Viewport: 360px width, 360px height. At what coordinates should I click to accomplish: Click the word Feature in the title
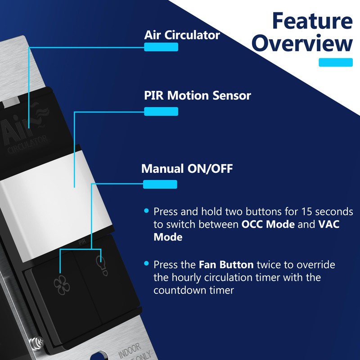(x=312, y=21)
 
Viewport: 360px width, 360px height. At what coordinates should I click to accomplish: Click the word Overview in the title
(x=302, y=43)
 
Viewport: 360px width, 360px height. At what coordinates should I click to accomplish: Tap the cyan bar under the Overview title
(x=335, y=62)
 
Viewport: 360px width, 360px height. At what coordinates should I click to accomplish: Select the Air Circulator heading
(x=182, y=35)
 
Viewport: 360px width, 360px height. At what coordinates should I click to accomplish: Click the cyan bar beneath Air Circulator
(x=161, y=47)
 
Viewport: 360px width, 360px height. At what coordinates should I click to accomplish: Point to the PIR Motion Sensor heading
(x=198, y=95)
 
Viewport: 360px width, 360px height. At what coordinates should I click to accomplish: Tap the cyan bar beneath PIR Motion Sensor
(x=161, y=111)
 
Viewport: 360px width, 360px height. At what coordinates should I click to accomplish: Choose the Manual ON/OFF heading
(x=187, y=168)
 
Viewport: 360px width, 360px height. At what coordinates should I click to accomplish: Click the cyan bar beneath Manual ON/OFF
(x=160, y=184)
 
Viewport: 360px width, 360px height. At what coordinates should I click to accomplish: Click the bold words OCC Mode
(x=268, y=224)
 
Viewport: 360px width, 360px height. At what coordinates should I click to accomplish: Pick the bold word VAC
(x=329, y=224)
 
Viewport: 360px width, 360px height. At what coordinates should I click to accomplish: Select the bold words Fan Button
(x=226, y=265)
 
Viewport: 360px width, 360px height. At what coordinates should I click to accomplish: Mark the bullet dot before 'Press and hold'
(x=147, y=211)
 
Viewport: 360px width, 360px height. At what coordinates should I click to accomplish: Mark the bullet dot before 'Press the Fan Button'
(x=147, y=263)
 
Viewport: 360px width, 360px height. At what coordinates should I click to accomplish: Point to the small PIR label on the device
(x=82, y=242)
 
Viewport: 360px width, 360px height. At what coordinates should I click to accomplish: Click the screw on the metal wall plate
(x=38, y=342)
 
